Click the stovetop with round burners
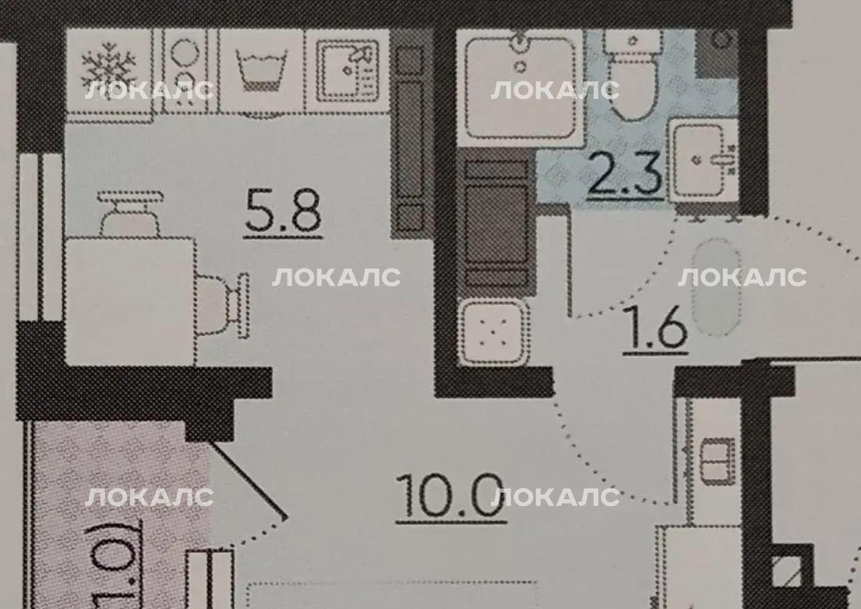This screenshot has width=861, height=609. [x=185, y=71]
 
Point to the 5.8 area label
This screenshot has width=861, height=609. [x=284, y=211]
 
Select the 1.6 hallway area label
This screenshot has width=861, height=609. [x=655, y=328]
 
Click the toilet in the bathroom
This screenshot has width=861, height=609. [x=633, y=73]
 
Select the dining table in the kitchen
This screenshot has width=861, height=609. [x=131, y=301]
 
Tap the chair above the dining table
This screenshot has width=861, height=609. [x=130, y=214]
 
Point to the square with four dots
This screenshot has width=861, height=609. [x=492, y=332]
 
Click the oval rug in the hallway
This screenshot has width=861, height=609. [x=715, y=286]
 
